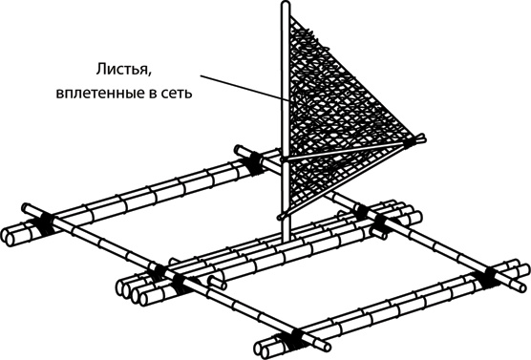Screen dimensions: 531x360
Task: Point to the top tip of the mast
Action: coord(286,4)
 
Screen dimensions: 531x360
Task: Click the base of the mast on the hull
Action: coord(287,238)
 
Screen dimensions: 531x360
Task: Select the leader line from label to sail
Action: coord(244,88)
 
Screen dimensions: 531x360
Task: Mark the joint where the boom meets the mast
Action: coord(285,159)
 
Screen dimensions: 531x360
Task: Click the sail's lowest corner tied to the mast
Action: coord(283,215)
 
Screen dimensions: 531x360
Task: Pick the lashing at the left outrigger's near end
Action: coord(45,222)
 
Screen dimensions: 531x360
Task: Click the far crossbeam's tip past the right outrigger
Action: coord(522,286)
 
